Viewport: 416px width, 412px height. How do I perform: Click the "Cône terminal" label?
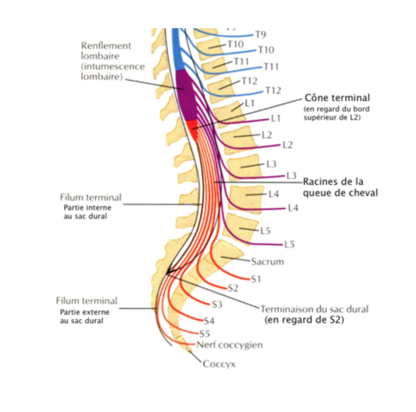(x=337, y=98)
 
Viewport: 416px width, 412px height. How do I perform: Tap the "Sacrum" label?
(x=267, y=261)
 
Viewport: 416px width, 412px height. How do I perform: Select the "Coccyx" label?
(x=219, y=364)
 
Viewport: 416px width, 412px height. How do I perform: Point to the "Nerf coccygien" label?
(x=229, y=345)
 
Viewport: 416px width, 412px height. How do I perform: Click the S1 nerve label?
(x=256, y=279)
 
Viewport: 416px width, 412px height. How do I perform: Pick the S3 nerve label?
(x=217, y=304)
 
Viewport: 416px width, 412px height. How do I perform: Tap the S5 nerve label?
(x=205, y=333)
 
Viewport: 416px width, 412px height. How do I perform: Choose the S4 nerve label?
(x=209, y=321)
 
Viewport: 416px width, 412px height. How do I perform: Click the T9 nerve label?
(x=261, y=34)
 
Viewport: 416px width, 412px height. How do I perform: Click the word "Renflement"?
(x=106, y=45)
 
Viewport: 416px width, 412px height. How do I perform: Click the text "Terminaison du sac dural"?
(x=314, y=309)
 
